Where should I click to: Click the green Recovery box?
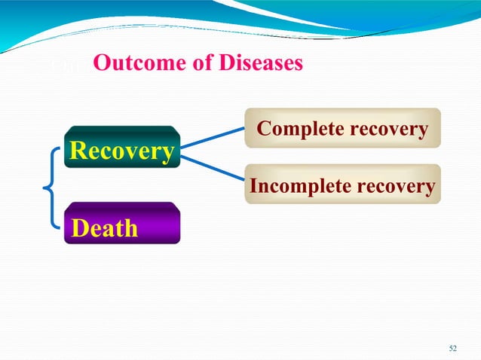click(121, 150)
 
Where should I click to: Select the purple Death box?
click(121, 226)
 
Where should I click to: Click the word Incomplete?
click(295, 185)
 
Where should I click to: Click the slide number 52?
click(452, 347)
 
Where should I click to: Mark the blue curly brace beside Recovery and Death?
click(51, 187)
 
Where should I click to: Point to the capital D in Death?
click(79, 227)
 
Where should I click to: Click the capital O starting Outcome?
click(101, 64)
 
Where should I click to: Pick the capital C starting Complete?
click(264, 129)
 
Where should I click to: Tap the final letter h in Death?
click(131, 227)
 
